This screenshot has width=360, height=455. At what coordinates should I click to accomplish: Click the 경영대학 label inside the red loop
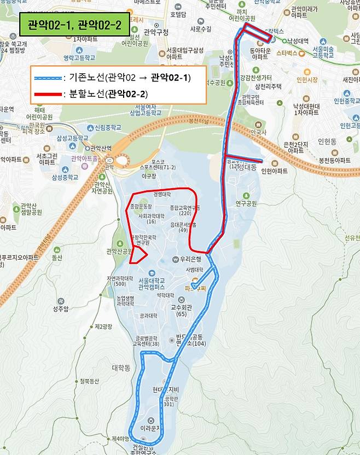162,194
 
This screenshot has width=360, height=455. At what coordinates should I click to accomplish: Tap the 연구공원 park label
246,203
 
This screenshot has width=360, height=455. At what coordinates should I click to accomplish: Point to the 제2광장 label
103,326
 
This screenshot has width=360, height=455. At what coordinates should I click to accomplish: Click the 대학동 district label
121,367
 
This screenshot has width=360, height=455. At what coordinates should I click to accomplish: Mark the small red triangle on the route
139,254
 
